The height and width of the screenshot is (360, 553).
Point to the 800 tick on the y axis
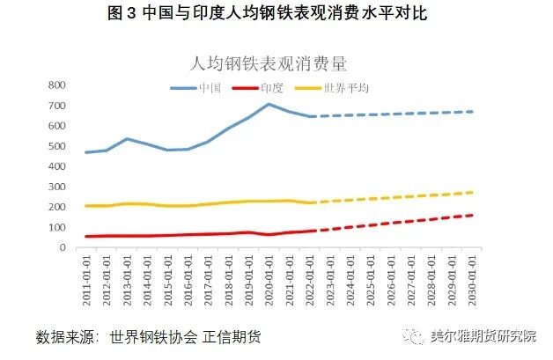click(x=57, y=85)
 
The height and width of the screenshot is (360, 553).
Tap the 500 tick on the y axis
click(x=57, y=146)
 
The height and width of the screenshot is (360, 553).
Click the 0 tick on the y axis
click(x=63, y=247)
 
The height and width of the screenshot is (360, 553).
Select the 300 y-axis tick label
click(x=57, y=187)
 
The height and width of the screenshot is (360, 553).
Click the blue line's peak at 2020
click(x=269, y=104)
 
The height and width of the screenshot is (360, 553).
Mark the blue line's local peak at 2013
click(x=127, y=139)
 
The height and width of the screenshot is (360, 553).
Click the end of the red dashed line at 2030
click(x=472, y=215)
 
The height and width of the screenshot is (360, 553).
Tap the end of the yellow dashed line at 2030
click(x=472, y=192)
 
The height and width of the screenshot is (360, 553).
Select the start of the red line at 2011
click(x=86, y=236)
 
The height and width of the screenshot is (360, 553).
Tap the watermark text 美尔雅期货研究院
click(x=483, y=337)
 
